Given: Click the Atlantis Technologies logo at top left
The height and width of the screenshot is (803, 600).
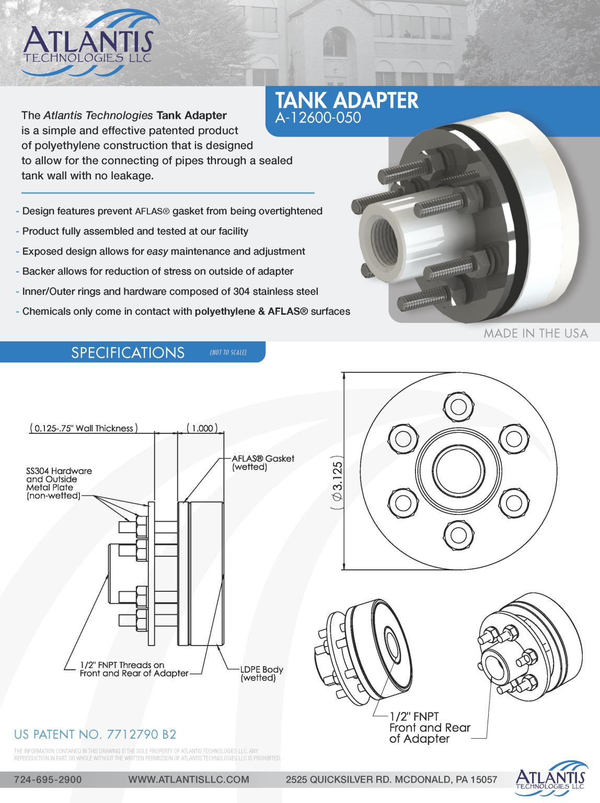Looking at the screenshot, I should pyautogui.click(x=88, y=44).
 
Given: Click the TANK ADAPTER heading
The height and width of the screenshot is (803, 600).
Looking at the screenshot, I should pyautogui.click(x=347, y=100).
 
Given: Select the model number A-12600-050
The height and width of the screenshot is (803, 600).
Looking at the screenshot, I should pyautogui.click(x=318, y=118).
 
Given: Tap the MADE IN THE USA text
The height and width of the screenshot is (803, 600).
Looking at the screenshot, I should pyautogui.click(x=535, y=333).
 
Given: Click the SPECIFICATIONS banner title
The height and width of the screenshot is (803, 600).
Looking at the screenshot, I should pyautogui.click(x=128, y=352).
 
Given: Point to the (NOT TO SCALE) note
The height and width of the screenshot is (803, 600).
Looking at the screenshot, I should pyautogui.click(x=228, y=352).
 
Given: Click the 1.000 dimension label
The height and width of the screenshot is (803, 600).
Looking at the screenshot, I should pyautogui.click(x=202, y=428).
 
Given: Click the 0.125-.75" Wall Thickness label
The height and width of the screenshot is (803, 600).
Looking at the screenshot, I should pyautogui.click(x=84, y=428).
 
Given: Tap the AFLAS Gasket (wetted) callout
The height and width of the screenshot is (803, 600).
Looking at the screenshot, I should pyautogui.click(x=263, y=463).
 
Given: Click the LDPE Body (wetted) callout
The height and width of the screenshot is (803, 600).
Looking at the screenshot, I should pyautogui.click(x=261, y=673).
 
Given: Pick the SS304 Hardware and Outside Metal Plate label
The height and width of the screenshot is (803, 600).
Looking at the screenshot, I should pyautogui.click(x=58, y=483).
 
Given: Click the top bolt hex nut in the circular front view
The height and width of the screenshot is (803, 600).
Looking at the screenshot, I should pyautogui.click(x=458, y=406).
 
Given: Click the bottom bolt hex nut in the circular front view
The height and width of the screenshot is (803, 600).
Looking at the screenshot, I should pyautogui.click(x=458, y=535).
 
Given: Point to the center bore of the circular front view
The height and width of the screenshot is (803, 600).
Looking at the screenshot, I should pyautogui.click(x=458, y=471).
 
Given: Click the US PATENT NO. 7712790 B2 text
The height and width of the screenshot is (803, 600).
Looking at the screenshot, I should pyautogui.click(x=95, y=735).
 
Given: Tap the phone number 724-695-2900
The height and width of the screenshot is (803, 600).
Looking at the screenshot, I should pyautogui.click(x=48, y=779).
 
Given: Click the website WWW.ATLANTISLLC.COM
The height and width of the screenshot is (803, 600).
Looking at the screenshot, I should pyautogui.click(x=189, y=779).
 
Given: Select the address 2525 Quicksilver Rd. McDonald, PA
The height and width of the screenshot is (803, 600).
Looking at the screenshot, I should pyautogui.click(x=391, y=779).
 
